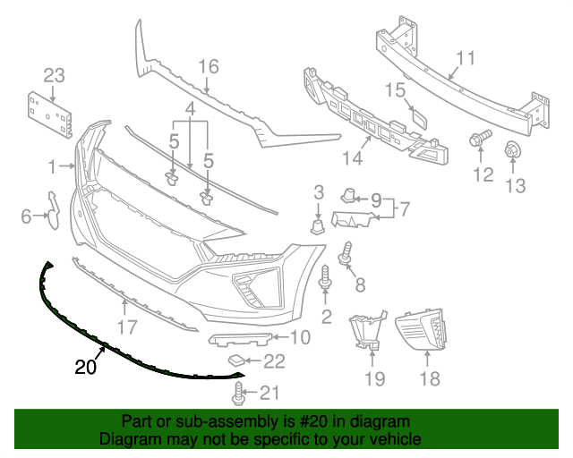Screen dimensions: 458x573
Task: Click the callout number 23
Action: point(55,74)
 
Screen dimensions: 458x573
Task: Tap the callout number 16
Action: point(208,66)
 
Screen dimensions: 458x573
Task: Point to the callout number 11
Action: point(465,60)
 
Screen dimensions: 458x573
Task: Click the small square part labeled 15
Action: point(418,117)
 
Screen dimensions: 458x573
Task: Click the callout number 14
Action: point(351,158)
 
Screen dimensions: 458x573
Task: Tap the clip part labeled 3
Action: point(317,223)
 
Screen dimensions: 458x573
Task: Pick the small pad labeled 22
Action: point(235,360)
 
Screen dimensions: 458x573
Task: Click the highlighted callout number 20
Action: point(86,366)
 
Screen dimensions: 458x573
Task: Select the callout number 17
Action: point(128,327)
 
